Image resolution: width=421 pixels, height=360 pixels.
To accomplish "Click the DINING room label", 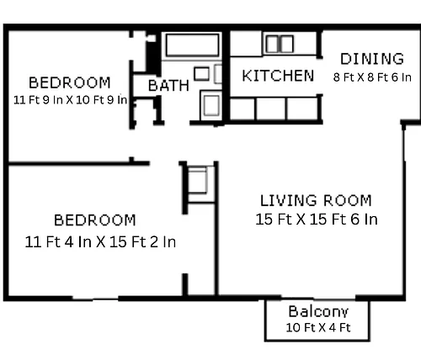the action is pos(372,59).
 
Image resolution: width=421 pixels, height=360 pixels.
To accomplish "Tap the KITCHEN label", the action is pos(278,76).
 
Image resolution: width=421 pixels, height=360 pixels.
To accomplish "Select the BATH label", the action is pos(168,86).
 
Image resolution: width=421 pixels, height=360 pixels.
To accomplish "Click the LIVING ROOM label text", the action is pos(316,200).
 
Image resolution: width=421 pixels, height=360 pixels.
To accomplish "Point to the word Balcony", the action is pos(318,312).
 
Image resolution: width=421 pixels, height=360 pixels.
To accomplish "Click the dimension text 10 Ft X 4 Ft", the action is pos(318,327).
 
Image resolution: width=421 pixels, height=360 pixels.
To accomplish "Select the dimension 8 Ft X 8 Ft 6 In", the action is pos(372,77).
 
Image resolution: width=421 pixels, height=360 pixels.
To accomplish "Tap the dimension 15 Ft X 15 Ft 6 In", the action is pos(317,219).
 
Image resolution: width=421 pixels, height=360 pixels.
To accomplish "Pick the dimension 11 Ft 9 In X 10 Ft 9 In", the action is pos(70,100).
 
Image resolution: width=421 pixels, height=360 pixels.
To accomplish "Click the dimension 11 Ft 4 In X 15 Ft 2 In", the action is pos(100,242).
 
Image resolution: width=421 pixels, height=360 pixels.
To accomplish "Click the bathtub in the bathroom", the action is pos(192,45).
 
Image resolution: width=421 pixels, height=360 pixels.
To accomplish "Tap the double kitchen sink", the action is pos(280,44).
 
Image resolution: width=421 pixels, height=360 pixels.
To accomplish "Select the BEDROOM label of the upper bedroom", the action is pos(70,82).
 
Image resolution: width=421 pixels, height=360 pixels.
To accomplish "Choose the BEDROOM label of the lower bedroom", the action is pos(95,220).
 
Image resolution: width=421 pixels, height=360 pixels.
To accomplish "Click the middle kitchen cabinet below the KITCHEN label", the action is pos(271,109).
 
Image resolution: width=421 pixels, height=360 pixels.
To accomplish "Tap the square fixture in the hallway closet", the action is pos(197,180).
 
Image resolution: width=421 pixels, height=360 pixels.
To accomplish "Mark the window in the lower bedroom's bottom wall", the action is pos(95,298).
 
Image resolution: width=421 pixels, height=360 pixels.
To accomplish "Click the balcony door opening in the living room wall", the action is pos(318,298).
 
